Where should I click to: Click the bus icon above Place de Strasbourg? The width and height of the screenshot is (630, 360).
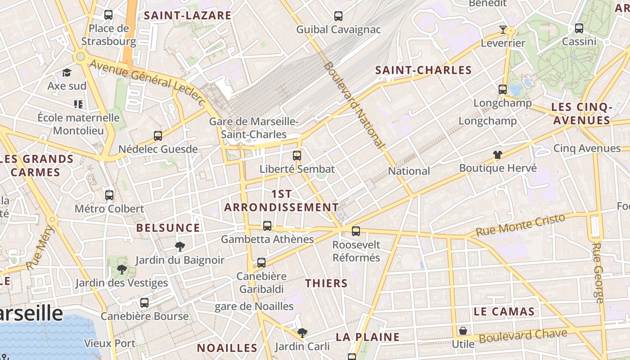tap(108, 15)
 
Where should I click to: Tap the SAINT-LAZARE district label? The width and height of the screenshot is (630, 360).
tap(187, 16)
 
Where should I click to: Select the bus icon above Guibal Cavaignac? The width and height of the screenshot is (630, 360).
tap(338, 16)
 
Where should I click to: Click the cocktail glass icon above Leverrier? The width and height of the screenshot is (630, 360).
tap(503, 30)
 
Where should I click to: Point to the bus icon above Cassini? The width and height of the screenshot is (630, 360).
tap(579, 28)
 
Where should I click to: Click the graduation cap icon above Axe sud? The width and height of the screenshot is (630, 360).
tap(67, 72)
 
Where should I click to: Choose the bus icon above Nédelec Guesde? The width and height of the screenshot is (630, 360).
tap(158, 135)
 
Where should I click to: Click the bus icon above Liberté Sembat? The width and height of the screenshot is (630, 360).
tap(297, 156)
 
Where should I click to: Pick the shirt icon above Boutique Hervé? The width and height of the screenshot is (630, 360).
tap(497, 155)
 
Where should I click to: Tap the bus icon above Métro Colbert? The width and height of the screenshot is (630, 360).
tap(109, 195)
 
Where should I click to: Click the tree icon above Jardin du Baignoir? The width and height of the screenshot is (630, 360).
tap(180, 246)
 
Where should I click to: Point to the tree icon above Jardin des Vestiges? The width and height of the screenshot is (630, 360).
tap(121, 270)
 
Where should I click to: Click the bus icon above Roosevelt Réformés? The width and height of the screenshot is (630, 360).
tap(356, 231)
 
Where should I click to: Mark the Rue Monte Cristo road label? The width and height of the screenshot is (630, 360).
tap(520, 225)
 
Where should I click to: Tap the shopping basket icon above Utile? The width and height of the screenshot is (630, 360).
tap(463, 331)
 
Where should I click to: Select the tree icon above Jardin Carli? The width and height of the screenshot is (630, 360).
tap(302, 333)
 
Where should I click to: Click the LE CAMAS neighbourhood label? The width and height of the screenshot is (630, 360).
tap(504, 311)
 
